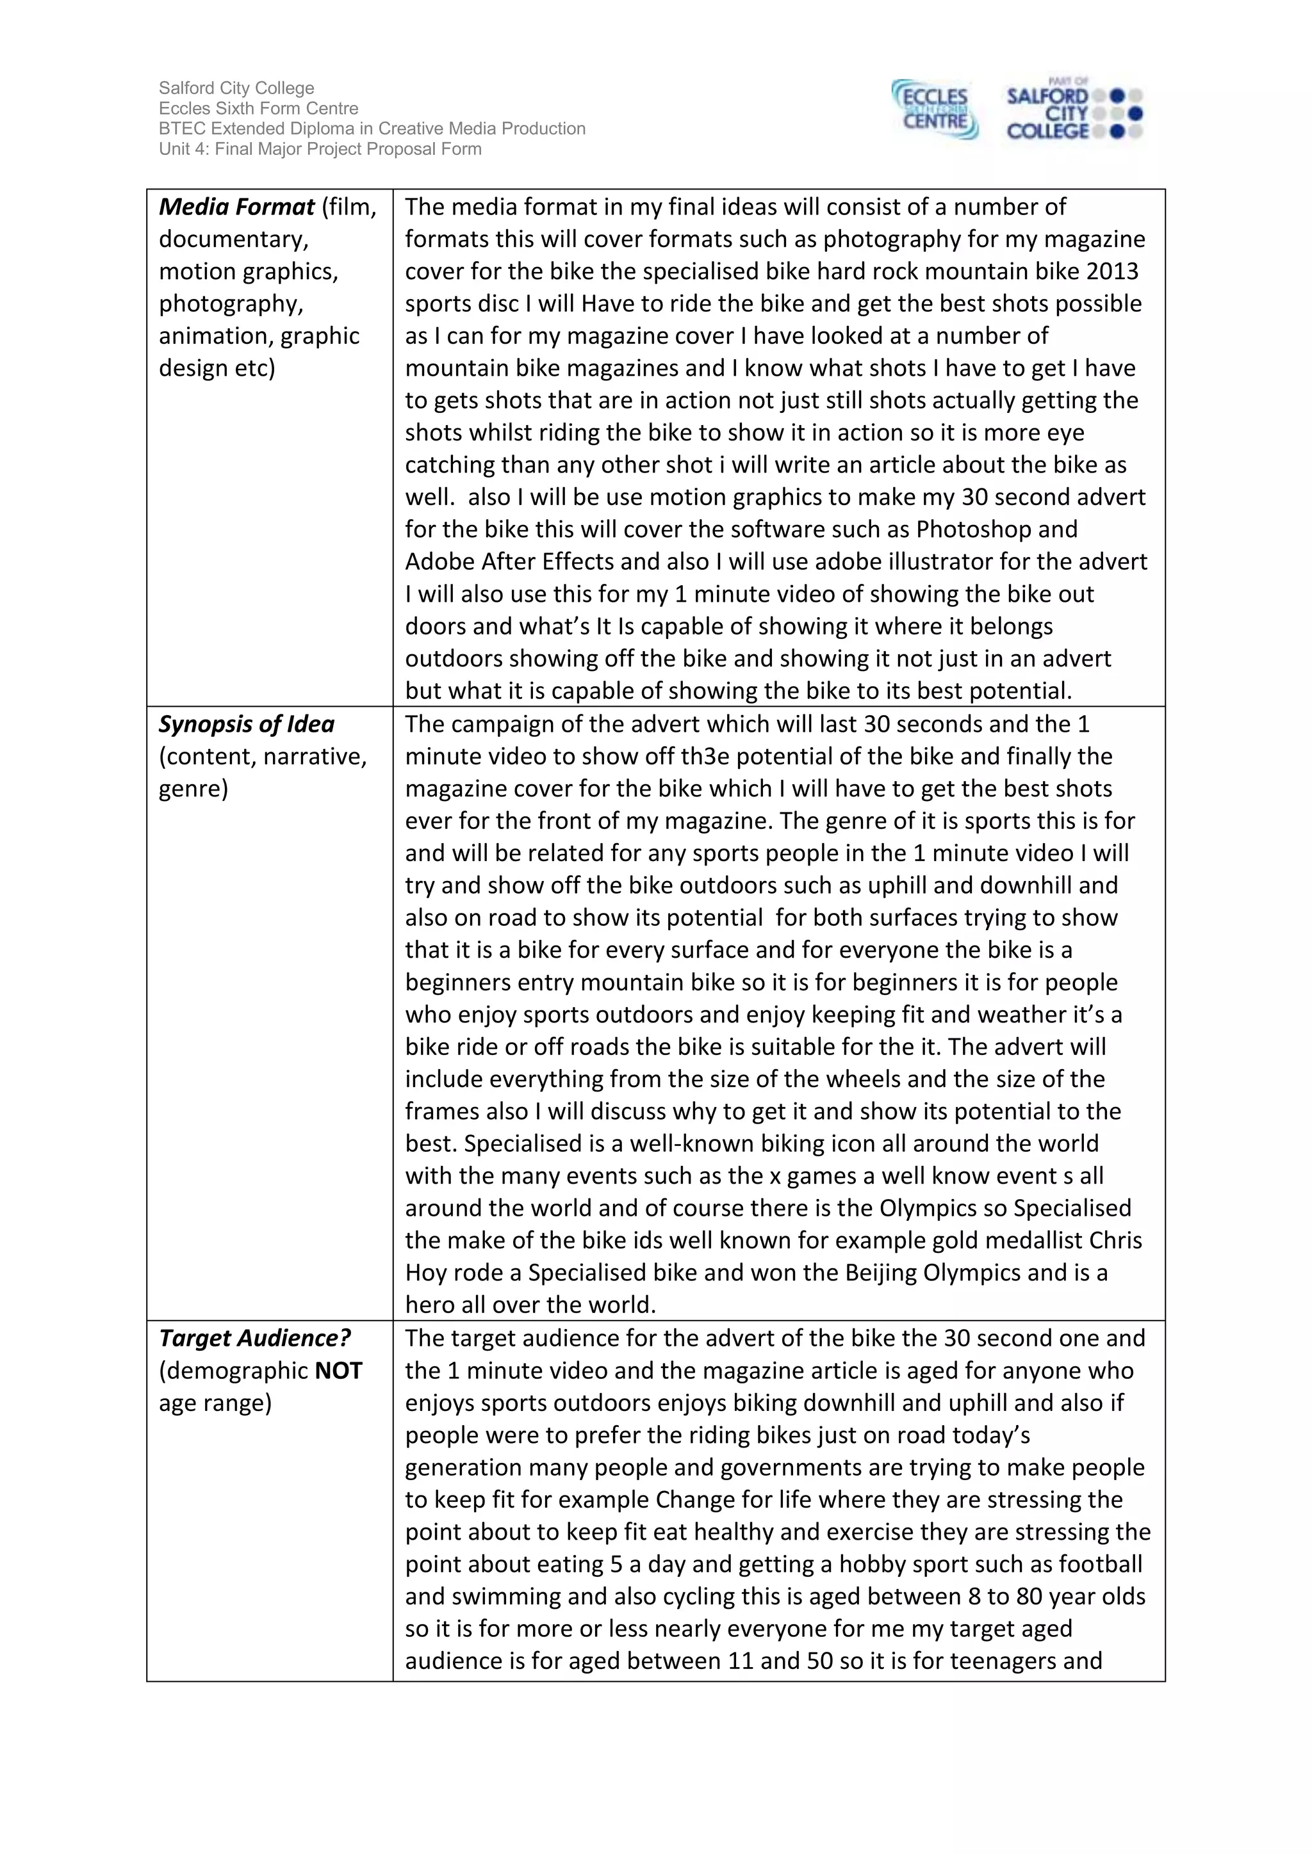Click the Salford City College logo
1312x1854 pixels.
[1073, 111]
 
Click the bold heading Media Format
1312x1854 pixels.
[236, 207]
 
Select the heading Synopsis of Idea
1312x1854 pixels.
[247, 724]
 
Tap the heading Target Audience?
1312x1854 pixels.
[254, 1338]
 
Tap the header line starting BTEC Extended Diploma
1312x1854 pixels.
[372, 129]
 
